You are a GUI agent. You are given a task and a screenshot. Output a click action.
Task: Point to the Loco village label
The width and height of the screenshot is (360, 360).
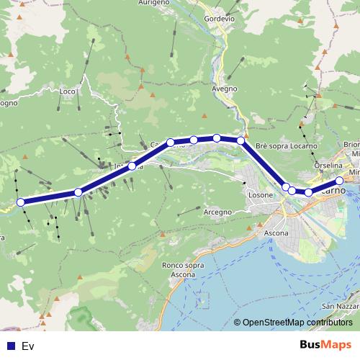click(x=68, y=91)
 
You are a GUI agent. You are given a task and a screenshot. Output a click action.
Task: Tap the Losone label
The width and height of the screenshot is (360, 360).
click(x=261, y=194)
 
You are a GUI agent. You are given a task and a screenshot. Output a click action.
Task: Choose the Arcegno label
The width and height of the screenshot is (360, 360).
click(x=217, y=212)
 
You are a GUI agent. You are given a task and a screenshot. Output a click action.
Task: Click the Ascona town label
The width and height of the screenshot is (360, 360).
click(x=276, y=233)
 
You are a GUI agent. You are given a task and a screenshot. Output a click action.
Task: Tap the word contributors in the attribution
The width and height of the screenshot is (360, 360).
click(x=330, y=323)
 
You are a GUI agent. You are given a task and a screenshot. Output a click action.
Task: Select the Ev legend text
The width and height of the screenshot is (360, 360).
click(x=28, y=346)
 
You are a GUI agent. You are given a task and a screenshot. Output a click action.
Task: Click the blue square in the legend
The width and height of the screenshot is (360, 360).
click(x=10, y=346)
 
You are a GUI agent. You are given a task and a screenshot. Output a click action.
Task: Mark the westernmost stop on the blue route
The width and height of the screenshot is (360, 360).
click(x=21, y=202)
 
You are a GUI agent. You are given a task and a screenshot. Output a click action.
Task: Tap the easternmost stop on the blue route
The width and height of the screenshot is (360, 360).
click(x=341, y=181)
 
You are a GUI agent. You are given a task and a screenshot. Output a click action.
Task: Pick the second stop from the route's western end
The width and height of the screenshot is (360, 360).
click(x=78, y=192)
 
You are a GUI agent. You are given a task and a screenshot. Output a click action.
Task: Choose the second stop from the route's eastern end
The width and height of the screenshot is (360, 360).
click(x=309, y=192)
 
